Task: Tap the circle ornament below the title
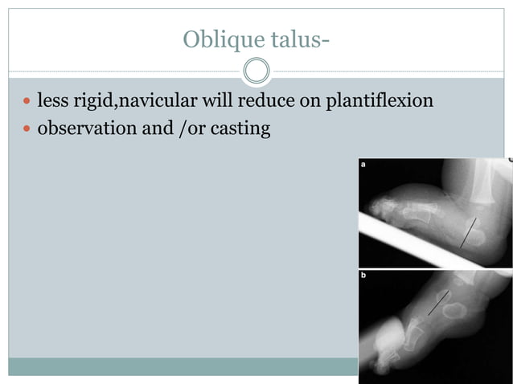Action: (256, 71)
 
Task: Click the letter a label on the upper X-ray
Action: (363, 165)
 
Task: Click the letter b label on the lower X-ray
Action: (363, 276)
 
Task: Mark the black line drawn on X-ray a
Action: (467, 232)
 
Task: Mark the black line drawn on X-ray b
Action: (437, 303)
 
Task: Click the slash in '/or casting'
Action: (180, 129)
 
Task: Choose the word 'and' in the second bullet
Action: (158, 128)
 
